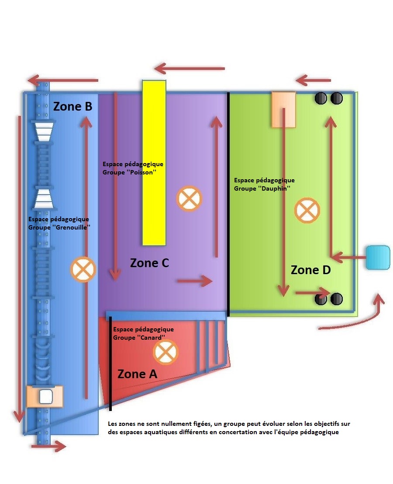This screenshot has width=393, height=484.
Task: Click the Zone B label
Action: click(x=72, y=106)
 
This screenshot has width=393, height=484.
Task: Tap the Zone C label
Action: click(x=149, y=263)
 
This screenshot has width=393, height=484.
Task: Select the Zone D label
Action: click(x=310, y=270)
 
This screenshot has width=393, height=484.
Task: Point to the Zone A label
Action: click(x=137, y=374)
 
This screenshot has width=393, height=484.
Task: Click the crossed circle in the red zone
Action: click(x=165, y=352)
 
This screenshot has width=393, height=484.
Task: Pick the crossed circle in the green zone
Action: click(x=307, y=211)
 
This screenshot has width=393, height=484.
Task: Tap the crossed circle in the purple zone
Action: click(x=189, y=198)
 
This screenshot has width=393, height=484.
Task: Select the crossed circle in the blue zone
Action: click(x=83, y=269)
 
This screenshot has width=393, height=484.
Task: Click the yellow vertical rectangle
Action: click(x=154, y=163)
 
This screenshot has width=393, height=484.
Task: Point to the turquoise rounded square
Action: click(x=378, y=258)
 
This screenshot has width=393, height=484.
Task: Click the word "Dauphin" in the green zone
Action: click(x=276, y=188)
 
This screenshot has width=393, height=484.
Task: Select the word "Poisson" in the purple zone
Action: click(x=142, y=173)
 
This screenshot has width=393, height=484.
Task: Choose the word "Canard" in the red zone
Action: click(x=152, y=338)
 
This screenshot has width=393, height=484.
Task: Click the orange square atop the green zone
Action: click(x=283, y=109)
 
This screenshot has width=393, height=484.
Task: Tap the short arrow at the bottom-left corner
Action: click(x=48, y=446)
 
